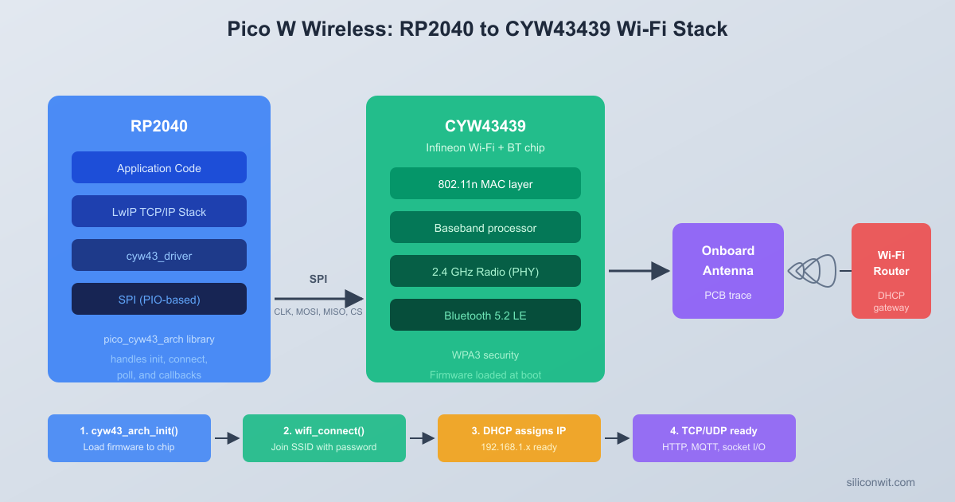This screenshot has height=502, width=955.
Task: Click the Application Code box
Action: (x=159, y=168)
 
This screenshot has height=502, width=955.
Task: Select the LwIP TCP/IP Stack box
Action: (x=159, y=212)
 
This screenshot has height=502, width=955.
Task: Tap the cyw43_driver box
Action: (x=159, y=256)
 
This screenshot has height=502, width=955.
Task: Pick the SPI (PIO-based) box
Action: (x=159, y=300)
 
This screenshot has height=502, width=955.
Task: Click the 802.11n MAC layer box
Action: (x=485, y=184)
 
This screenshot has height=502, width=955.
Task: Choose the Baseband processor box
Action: (x=485, y=228)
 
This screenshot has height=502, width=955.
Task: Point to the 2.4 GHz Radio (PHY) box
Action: (x=485, y=272)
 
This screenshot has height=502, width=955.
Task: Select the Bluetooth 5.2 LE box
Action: (x=485, y=316)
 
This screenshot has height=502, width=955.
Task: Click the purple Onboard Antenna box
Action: (x=728, y=271)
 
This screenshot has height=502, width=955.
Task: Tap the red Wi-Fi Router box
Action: (x=891, y=271)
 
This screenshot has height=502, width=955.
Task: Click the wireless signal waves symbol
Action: (x=812, y=271)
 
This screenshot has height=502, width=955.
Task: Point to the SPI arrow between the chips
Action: (x=318, y=299)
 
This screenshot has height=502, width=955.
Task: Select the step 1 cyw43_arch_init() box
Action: (x=129, y=438)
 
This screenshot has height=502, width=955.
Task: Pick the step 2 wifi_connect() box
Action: (x=324, y=438)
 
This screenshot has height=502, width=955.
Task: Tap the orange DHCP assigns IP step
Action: (x=519, y=438)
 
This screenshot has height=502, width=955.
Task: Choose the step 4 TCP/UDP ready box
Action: (x=714, y=438)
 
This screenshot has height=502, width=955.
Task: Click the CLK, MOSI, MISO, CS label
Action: (x=318, y=312)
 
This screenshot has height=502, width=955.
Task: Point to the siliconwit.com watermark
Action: (x=880, y=482)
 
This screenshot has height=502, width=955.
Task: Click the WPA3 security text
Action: (x=485, y=355)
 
